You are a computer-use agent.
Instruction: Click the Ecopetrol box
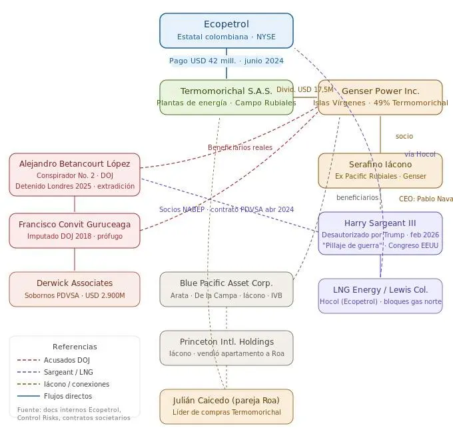pyautogui.click(x=226, y=31)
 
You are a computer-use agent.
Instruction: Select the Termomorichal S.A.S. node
pyautogui.click(x=226, y=97)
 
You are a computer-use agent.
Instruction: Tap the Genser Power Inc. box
pyautogui.click(x=380, y=97)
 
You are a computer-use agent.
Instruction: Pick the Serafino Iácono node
pyautogui.click(x=380, y=171)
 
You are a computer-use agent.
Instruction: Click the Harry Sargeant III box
pyautogui.click(x=380, y=233)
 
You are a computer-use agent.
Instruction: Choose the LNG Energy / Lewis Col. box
pyautogui.click(x=380, y=296)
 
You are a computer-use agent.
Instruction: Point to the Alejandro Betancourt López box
pyautogui.click(x=75, y=175)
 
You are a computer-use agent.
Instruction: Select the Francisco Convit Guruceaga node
pyautogui.click(x=75, y=231)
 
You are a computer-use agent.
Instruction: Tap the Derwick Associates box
pyautogui.click(x=75, y=289)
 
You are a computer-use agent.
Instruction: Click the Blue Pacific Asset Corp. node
pyautogui.click(x=226, y=289)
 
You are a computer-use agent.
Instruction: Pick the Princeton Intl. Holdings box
pyautogui.click(x=226, y=348)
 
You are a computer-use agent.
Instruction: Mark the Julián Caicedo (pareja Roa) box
pyautogui.click(x=226, y=407)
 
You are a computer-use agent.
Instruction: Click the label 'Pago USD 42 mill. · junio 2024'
pyautogui.click(x=226, y=61)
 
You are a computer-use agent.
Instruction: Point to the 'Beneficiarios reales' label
pyautogui.click(x=240, y=147)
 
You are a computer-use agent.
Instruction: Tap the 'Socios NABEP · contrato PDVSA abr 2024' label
pyautogui.click(x=226, y=209)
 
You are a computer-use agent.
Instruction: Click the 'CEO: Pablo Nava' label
pyautogui.click(x=426, y=199)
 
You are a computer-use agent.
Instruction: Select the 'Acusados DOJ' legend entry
pyautogui.click(x=67, y=360)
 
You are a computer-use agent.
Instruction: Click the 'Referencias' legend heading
pyautogui.click(x=75, y=347)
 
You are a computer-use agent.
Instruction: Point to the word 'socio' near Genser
pyautogui.click(x=404, y=136)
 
